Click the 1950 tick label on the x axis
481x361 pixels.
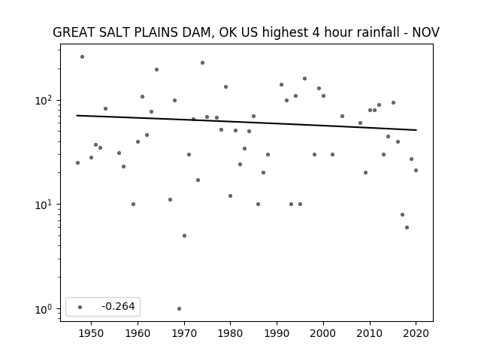point(91,333)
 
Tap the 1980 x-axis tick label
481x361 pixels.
point(231,333)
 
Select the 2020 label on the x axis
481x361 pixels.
point(416,333)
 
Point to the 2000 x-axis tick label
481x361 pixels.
point(323,333)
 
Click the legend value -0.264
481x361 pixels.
point(118,306)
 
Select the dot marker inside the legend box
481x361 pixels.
point(80,307)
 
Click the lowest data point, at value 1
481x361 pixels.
point(179,308)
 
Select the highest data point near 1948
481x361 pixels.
point(82,57)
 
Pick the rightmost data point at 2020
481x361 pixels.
point(416,171)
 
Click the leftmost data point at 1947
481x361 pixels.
point(77,162)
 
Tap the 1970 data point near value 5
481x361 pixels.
point(184,235)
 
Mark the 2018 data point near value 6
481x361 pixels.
point(407,227)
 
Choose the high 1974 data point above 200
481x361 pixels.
point(202,63)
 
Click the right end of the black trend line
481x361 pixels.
point(416,130)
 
